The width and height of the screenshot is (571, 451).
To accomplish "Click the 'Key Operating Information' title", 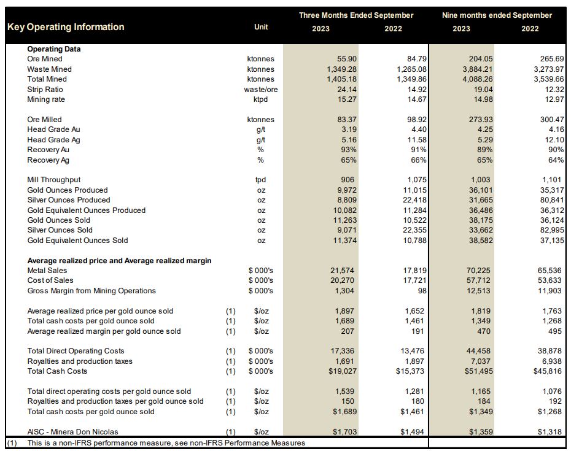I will point(66,27).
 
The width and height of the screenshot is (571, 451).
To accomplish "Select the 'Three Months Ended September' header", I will point(356,15).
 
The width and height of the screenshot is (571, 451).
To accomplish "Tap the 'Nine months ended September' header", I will point(497,15).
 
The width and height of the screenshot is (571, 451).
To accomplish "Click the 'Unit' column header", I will point(261,27).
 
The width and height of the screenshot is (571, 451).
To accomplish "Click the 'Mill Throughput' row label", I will point(54,180).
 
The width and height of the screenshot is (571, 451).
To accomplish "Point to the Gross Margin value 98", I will point(421,291).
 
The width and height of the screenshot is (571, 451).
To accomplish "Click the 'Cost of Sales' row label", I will point(51,280).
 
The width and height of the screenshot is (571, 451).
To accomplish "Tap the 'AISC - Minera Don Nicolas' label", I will point(72,432).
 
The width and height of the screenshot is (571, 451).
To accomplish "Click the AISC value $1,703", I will point(344,432).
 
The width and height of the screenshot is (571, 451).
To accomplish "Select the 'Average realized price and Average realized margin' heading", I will point(119,261).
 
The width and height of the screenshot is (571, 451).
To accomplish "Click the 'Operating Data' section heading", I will point(54,49).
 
